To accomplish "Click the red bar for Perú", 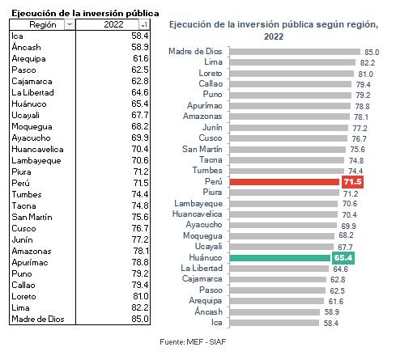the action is pyautogui.click(x=284, y=182).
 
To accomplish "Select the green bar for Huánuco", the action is pyautogui.click(x=280, y=258).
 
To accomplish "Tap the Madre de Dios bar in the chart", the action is pyautogui.click(x=295, y=52).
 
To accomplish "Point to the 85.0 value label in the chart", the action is pyautogui.click(x=372, y=52).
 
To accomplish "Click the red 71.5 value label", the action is pyautogui.click(x=352, y=182).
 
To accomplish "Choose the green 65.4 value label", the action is pyautogui.click(x=343, y=258).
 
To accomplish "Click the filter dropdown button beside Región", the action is pyautogui.click(x=70, y=25).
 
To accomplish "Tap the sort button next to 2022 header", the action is pyautogui.click(x=144, y=25).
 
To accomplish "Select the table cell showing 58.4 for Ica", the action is pyautogui.click(x=140, y=36).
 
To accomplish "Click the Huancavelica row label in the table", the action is pyautogui.click(x=37, y=149).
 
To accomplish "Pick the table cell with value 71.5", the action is pyautogui.click(x=141, y=183).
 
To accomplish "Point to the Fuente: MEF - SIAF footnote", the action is pyautogui.click(x=193, y=342).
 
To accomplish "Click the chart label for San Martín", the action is pyautogui.click(x=202, y=149).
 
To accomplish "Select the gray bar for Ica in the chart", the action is pyautogui.click(x=275, y=323).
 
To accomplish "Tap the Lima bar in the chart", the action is pyautogui.click(x=292, y=62).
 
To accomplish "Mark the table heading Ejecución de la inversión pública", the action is pyautogui.click(x=85, y=13).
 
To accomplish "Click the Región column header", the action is pyautogui.click(x=43, y=25).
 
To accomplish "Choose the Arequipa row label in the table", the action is pyautogui.click(x=28, y=59).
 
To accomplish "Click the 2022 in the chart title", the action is pyautogui.click(x=274, y=36).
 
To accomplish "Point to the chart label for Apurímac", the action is pyautogui.click(x=205, y=105).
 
